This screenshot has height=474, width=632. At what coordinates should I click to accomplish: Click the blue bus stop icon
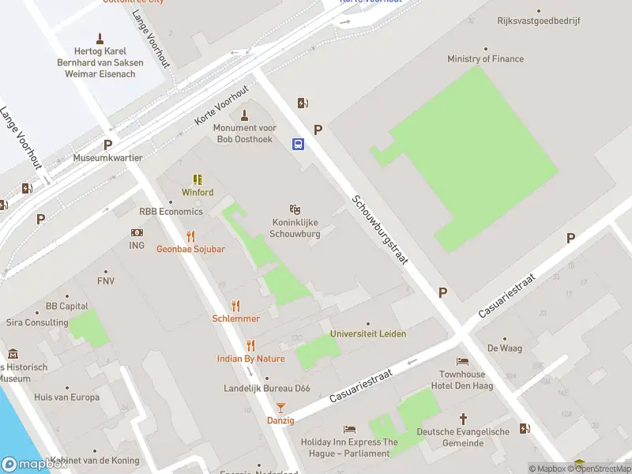299,144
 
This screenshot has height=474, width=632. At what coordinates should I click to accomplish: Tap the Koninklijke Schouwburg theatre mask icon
295,209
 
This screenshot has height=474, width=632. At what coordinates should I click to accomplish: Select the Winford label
197,192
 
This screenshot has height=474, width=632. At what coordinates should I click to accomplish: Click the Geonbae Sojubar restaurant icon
190,236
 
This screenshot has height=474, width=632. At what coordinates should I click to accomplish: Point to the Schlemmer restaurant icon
235,306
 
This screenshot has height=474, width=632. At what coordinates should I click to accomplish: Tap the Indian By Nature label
250,359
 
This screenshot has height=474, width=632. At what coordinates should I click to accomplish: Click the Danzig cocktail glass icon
280,408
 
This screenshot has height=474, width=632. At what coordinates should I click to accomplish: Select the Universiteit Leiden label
368,334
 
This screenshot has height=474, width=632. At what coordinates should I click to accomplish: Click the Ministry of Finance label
485,59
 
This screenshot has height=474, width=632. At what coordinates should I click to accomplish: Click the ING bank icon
137,233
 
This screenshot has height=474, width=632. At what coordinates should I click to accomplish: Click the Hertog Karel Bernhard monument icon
100,37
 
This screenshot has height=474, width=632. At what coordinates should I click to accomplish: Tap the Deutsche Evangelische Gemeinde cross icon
464,418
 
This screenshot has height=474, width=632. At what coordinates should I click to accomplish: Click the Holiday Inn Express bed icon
350,429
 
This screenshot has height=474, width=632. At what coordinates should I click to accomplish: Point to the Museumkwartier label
107,158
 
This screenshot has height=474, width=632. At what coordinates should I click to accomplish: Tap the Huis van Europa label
66,397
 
